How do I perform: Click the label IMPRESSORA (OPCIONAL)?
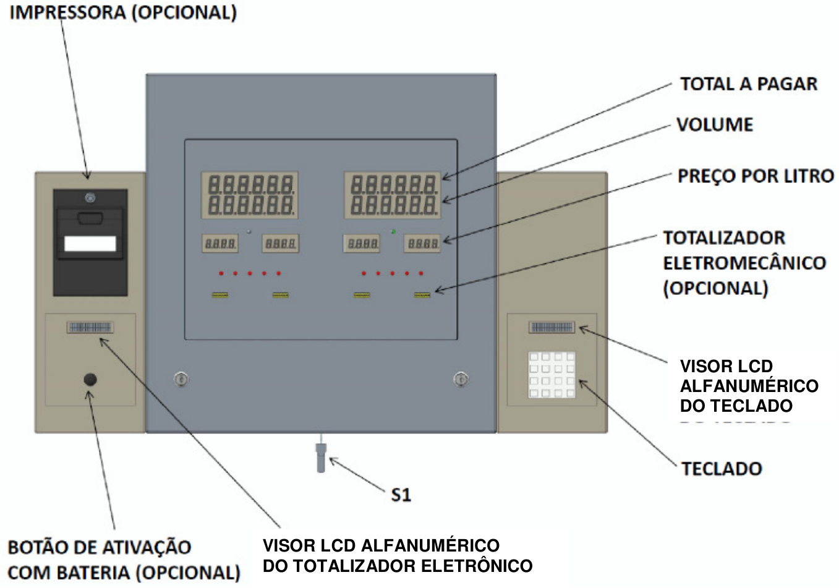[123, 13]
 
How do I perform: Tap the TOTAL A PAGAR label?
[749, 84]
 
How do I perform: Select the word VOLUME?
[715, 125]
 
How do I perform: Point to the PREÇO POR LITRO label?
[756, 176]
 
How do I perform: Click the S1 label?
[401, 495]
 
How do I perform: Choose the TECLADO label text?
[722, 469]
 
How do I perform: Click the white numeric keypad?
[552, 375]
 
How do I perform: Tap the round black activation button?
[90, 380]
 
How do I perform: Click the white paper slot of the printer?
[90, 244]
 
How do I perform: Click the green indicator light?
[393, 231]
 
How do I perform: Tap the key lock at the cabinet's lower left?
[181, 379]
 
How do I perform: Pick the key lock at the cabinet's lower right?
[461, 379]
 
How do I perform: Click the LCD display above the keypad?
[552, 327]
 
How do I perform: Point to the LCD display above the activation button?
[90, 327]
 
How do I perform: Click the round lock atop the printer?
[90, 198]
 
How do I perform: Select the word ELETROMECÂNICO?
[744, 263]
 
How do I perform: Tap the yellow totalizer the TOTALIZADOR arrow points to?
[422, 295]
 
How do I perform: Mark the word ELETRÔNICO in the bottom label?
[477, 566]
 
